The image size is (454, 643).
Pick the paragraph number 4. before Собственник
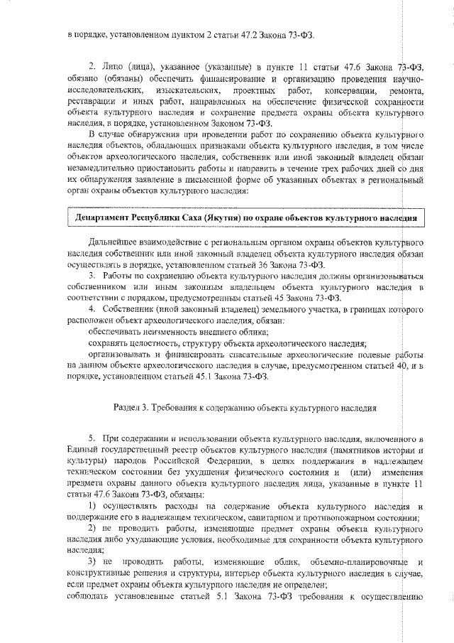click(92, 309)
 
